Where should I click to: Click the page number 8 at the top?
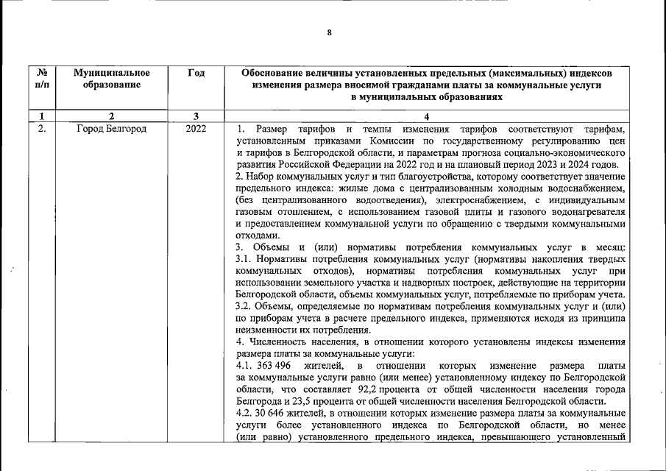330,32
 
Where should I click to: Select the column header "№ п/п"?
42,79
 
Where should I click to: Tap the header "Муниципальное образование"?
112,79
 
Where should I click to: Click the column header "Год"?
196,73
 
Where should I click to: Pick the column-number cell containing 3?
196,116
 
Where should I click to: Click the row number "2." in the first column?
42,129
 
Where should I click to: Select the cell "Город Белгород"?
112,129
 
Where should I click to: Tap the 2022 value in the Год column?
196,129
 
